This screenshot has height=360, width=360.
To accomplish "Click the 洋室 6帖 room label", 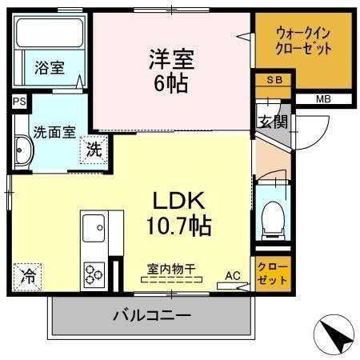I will pyautogui.click(x=169, y=70).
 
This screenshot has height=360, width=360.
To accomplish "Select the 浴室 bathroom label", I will pyautogui.click(x=49, y=68).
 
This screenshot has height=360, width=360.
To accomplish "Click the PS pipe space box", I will pyautogui.click(x=18, y=102).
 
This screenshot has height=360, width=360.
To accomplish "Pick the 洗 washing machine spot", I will pyautogui.click(x=93, y=148).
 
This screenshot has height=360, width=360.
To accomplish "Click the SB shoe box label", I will pyautogui.click(x=273, y=80).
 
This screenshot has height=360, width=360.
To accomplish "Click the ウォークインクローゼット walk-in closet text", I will pyautogui.click(x=303, y=41).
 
